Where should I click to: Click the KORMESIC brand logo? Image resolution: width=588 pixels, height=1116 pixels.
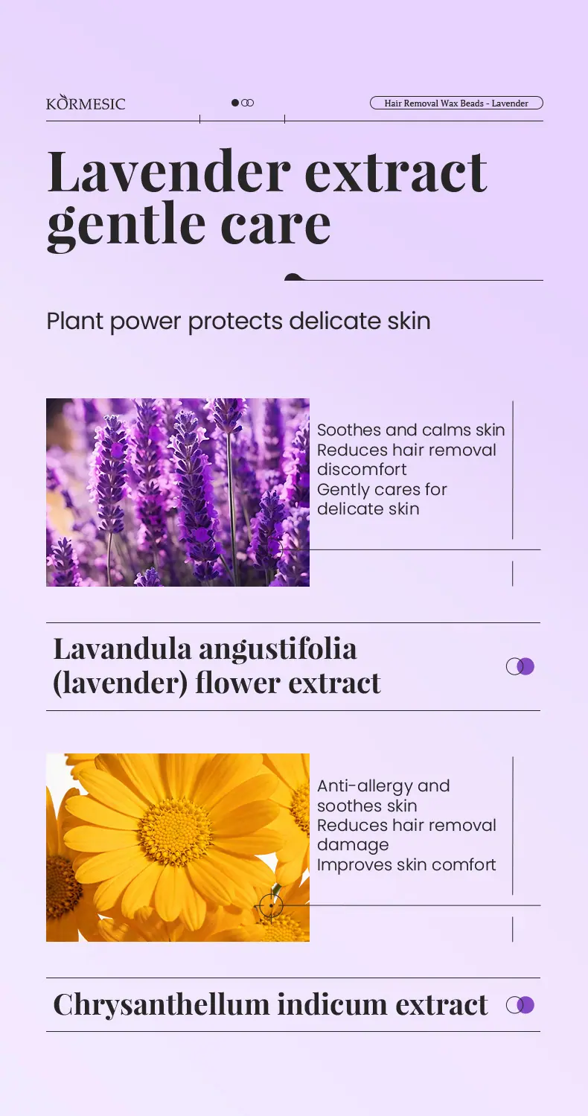coord(86,102)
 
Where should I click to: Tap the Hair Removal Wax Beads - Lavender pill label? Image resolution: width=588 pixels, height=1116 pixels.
coord(456,103)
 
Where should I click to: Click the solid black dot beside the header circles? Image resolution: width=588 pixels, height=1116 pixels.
coord(235,103)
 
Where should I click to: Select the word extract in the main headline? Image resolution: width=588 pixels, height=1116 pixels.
coord(396,172)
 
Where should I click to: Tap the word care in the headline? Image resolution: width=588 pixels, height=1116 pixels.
coord(275,226)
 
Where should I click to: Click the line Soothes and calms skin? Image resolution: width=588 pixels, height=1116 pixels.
coord(411,430)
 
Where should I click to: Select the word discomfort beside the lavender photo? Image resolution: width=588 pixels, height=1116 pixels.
coord(362,469)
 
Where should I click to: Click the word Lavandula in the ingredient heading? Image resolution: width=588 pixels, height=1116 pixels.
coord(123,648)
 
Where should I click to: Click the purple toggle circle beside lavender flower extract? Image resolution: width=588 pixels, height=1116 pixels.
coord(525,666)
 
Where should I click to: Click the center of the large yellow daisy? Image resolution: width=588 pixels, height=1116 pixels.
coord(174,831)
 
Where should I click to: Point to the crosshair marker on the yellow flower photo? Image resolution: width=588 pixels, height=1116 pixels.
coord(271,905)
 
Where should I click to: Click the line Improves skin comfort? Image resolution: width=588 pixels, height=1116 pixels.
coord(406,864)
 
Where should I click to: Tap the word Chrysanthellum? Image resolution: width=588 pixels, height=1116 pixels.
coord(162,1005)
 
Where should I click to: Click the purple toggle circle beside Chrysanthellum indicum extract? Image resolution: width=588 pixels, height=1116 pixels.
coord(525,1005)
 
